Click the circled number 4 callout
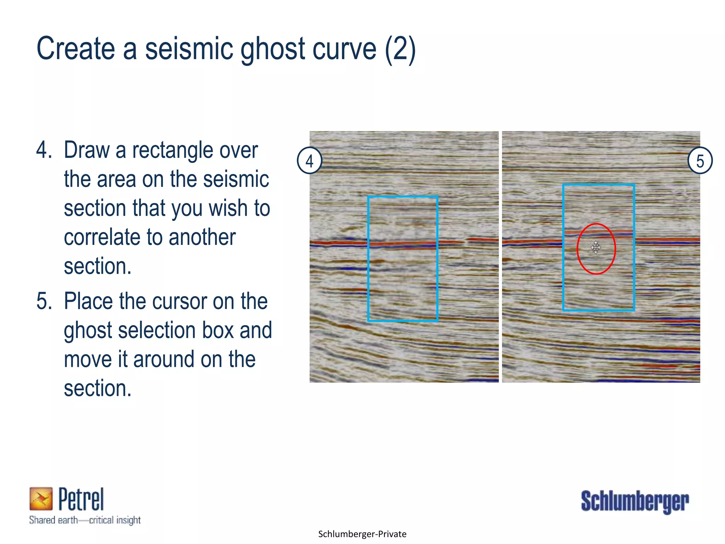point(309,161)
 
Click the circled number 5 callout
point(700,161)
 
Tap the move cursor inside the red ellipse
point(596,247)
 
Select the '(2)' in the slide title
point(400,50)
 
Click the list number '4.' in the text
point(44,150)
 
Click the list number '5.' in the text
point(44,301)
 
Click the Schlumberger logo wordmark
point(635,501)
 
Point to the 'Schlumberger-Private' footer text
point(362,534)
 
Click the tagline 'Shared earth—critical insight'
point(85,520)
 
